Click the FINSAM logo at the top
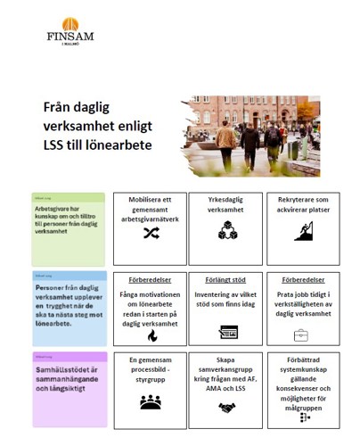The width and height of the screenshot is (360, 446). pyautogui.click(x=69, y=31)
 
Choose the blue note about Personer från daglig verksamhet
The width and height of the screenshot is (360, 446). pyautogui.click(x=69, y=307)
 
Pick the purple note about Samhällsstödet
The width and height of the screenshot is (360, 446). pyautogui.click(x=69, y=389)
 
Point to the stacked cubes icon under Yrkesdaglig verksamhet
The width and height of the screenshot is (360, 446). pyautogui.click(x=227, y=230)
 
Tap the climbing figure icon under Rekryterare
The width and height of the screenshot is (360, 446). pyautogui.click(x=303, y=231)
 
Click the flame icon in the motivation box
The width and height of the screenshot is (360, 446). pyautogui.click(x=151, y=334)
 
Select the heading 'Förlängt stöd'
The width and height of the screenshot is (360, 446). pyautogui.click(x=226, y=278)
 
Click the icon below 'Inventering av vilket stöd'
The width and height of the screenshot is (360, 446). pyautogui.click(x=227, y=332)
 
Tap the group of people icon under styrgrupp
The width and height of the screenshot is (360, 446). pyautogui.click(x=150, y=402)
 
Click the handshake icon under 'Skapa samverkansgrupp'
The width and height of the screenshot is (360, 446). pyautogui.click(x=226, y=408)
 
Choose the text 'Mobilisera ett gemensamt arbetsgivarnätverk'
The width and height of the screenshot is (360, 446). pyautogui.click(x=150, y=207)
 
